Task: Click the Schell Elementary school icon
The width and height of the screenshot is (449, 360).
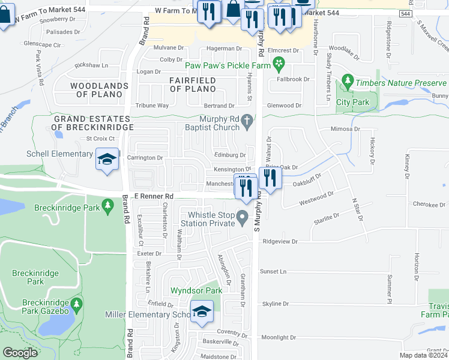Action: coord(107,160)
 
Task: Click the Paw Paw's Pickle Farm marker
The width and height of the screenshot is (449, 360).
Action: coord(279,63)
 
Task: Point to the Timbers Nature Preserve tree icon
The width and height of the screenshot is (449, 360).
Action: coord(347,80)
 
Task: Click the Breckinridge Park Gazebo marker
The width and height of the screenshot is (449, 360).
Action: coord(76,305)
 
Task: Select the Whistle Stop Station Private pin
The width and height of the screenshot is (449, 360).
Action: coord(243,217)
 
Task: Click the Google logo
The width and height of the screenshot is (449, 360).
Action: coord(20,352)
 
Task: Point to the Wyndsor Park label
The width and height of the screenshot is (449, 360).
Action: coord(196,290)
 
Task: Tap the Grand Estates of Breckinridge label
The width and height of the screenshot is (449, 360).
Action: coord(91,123)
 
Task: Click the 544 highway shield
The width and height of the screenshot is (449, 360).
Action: coord(422,13)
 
